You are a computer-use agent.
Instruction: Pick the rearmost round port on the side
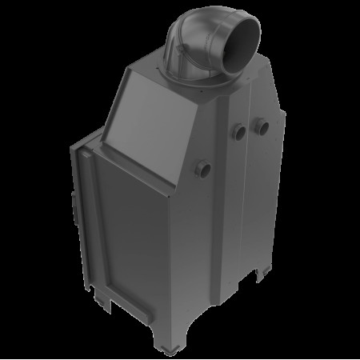click(262, 126)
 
